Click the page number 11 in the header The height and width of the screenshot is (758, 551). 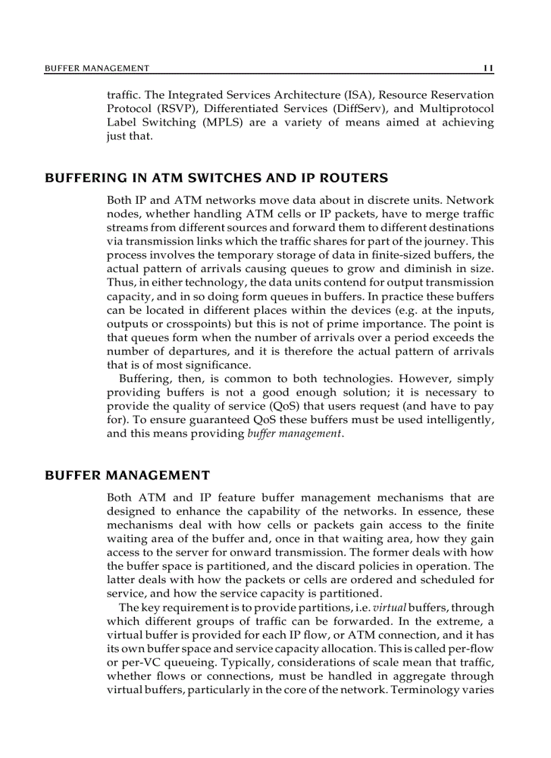tap(489, 68)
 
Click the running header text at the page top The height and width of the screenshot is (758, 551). tap(97, 68)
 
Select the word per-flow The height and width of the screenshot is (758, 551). tap(471, 649)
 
